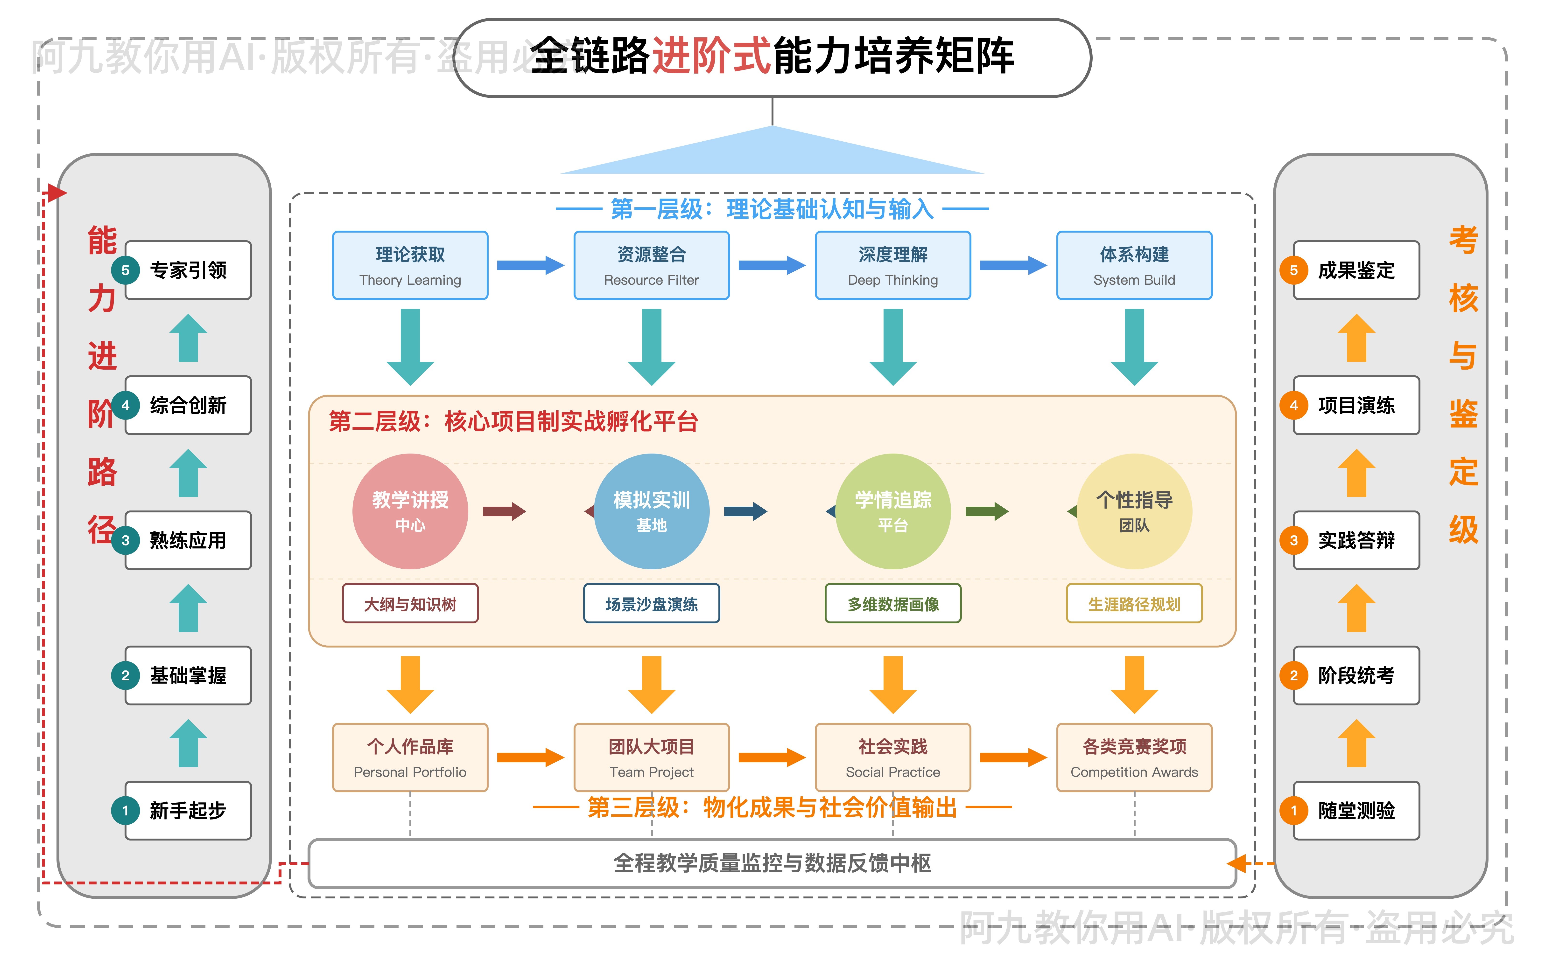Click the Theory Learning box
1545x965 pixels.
(410, 266)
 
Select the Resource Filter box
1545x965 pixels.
(651, 266)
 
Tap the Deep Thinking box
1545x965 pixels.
(892, 266)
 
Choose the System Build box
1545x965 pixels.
(1134, 266)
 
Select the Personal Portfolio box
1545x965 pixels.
(410, 758)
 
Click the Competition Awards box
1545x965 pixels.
(1134, 758)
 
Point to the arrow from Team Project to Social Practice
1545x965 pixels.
(771, 758)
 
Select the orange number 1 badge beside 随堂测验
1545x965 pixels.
(1293, 811)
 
